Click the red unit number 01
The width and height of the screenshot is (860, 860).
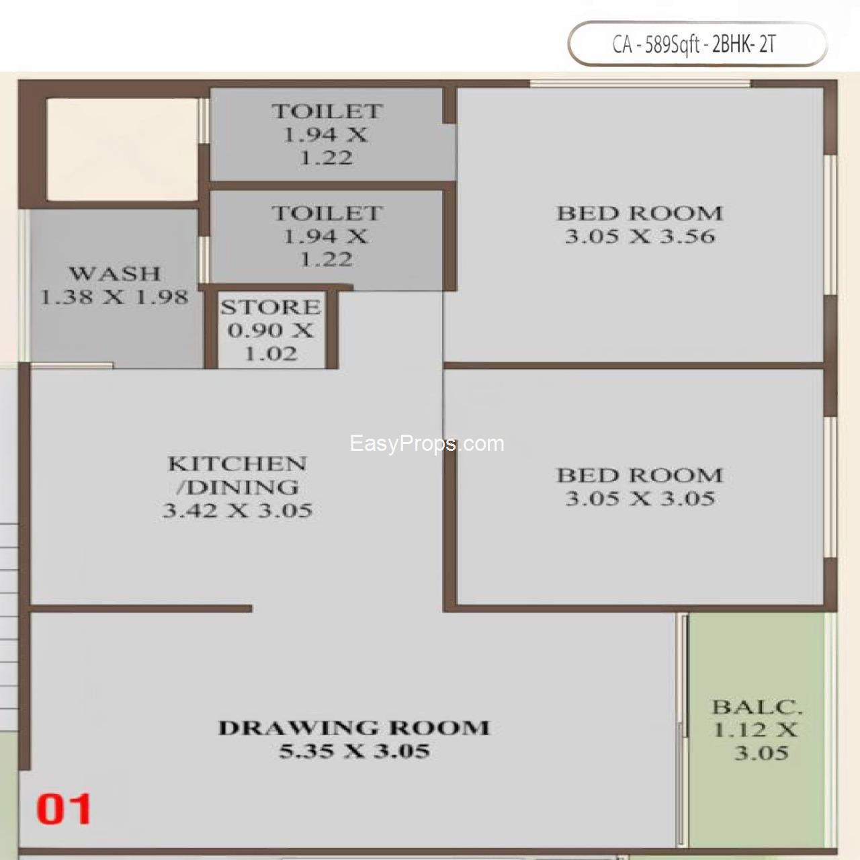[x=64, y=809]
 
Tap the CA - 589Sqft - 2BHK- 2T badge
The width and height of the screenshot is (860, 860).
[x=697, y=44]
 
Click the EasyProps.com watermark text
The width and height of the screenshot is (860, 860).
[x=427, y=443]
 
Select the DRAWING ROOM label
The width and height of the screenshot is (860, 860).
[x=354, y=728]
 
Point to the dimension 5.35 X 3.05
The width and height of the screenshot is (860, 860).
[x=354, y=750]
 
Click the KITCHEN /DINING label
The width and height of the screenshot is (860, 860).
[x=236, y=475]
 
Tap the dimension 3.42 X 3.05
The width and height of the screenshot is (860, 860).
[x=237, y=510]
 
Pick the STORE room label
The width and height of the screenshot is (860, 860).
[x=271, y=307]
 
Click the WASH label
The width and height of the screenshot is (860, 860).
[x=115, y=273]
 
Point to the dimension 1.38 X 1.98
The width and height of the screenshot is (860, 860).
[x=115, y=296]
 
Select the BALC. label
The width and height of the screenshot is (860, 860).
[x=757, y=707]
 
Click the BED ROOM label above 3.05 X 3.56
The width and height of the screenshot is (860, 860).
[x=640, y=214]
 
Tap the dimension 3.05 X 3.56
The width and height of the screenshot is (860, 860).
[x=640, y=236]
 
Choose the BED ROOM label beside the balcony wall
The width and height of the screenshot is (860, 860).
[x=640, y=476]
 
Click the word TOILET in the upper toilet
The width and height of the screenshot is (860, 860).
[x=327, y=112]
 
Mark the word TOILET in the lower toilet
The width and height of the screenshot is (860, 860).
[x=327, y=214]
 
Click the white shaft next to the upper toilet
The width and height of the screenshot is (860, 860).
[x=122, y=148]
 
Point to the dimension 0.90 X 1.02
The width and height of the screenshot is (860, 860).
[x=271, y=342]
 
